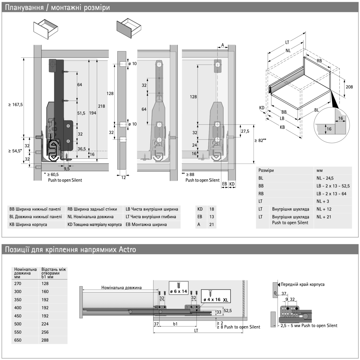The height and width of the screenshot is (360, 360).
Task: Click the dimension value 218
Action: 101,106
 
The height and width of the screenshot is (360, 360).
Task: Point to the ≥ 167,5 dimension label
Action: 16,105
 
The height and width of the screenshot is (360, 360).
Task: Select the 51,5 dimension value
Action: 81,113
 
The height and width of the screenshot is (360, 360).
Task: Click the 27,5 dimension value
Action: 245,131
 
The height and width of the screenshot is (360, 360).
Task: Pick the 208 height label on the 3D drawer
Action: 349,87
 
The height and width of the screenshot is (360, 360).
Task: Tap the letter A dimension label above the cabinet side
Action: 222,45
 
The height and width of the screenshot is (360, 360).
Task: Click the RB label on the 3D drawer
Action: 319,61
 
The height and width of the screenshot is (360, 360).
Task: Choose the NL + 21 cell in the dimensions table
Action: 324,217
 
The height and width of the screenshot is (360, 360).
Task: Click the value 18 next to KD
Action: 212,209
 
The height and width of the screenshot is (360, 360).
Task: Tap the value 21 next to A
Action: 212,224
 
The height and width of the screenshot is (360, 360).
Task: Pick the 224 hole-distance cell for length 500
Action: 45,324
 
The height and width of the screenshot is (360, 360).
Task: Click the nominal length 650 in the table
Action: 18,340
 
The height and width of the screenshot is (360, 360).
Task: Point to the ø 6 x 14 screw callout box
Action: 178,288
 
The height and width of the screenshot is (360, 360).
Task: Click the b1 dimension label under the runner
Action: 175,324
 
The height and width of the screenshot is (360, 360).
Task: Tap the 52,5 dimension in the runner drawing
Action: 228,311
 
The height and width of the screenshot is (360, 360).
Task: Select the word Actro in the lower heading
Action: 128,250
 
